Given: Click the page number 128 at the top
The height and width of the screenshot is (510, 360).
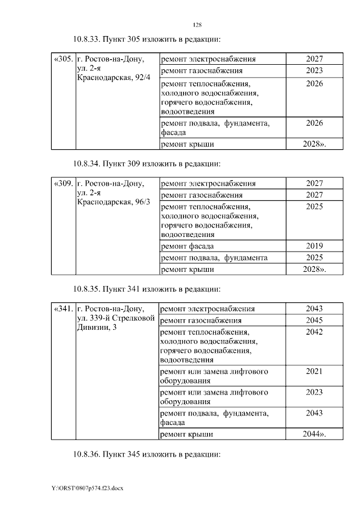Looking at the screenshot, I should (197, 25).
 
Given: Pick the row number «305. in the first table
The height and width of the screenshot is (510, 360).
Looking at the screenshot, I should (63, 59).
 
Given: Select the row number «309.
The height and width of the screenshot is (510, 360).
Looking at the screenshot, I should (63, 184).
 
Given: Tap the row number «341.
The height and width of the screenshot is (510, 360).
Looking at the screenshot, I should (63, 308).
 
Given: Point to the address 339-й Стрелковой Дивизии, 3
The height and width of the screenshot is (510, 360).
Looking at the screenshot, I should (110, 323).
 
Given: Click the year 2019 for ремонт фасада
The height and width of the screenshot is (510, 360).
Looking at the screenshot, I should (314, 246).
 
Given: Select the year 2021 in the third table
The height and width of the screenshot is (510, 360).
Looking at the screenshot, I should (314, 372).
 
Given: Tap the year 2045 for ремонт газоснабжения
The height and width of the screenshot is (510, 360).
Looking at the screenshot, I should (314, 320).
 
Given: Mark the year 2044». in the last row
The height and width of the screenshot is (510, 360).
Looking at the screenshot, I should (314, 434).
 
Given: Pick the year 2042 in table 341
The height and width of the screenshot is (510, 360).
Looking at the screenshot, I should (314, 332).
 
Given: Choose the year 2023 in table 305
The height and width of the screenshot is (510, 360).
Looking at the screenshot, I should (314, 71).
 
